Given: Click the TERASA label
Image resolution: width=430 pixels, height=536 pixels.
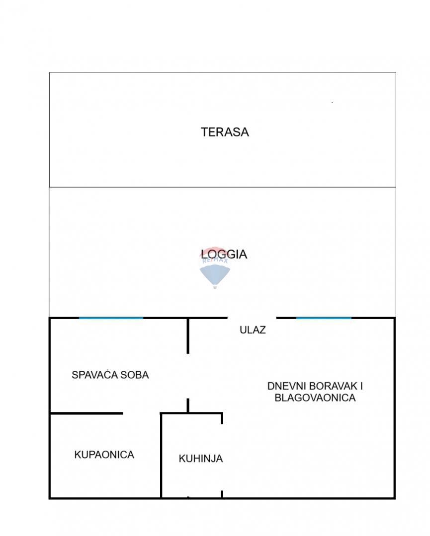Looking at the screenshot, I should [x=225, y=132].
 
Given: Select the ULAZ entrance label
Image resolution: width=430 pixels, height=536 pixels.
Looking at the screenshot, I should [x=253, y=330].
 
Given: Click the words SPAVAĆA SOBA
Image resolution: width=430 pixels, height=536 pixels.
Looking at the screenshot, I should [x=110, y=375].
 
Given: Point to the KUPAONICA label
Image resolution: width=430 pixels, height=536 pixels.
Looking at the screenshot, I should [x=104, y=454].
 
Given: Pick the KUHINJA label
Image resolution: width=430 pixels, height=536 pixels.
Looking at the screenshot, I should [x=200, y=459].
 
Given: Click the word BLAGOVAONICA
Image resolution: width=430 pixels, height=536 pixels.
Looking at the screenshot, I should [x=315, y=398].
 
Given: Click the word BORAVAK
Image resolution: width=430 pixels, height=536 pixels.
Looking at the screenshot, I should [x=332, y=386].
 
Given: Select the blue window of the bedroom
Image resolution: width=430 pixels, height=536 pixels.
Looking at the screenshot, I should [x=111, y=318].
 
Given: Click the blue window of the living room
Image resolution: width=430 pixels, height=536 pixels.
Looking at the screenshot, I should [x=324, y=318].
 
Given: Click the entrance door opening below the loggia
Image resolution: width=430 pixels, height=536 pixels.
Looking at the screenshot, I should [x=252, y=318].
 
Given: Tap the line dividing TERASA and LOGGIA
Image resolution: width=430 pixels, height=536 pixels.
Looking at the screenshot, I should [x=223, y=187].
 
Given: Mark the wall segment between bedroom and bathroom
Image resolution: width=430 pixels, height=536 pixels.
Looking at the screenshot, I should [x=86, y=413].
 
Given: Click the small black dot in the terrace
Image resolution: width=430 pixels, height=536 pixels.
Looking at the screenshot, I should [x=332, y=102].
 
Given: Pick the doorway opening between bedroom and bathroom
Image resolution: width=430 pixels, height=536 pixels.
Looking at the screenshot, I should [x=142, y=413].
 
